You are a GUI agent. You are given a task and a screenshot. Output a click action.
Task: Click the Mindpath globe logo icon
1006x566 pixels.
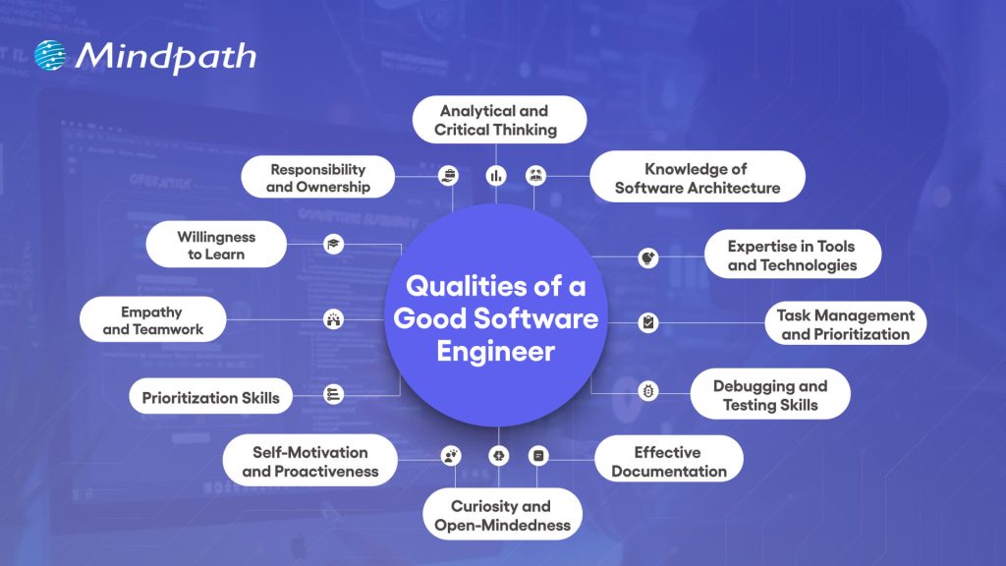pos(51,55)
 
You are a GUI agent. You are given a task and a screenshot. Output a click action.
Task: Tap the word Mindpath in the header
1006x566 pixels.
pos(165,56)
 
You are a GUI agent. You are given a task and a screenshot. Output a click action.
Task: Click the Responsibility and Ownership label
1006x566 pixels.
pos(318,178)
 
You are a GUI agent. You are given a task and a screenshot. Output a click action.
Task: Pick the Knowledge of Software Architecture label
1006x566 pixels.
pos(698,178)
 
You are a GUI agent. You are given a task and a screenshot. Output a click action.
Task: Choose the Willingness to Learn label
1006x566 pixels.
pos(216,246)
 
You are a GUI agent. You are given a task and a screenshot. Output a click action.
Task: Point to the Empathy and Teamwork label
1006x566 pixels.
pos(153,320)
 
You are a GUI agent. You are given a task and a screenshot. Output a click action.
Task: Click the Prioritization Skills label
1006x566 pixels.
pos(210,398)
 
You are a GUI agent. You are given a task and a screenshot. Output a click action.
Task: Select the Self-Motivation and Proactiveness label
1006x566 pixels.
pos(310,461)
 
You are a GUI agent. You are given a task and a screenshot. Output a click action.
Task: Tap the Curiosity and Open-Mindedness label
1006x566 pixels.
pos(502,516)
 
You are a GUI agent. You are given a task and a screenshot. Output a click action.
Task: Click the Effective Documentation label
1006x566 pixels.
pos(668,461)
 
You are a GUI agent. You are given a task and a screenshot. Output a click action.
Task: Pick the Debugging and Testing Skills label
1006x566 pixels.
pos(770,395)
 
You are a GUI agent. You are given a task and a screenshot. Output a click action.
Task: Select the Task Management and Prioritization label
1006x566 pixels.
pos(845,324)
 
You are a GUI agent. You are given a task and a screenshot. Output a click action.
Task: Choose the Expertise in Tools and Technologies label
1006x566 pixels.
pos(792,255)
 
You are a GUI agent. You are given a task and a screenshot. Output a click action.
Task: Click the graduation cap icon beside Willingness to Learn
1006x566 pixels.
pos(333,245)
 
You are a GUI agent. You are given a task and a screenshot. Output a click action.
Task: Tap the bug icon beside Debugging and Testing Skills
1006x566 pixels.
pos(648,391)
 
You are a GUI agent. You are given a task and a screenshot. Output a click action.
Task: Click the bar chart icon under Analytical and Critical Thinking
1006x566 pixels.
pos(495,176)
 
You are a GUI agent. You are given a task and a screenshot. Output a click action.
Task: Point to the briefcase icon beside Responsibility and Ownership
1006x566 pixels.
pos(448,176)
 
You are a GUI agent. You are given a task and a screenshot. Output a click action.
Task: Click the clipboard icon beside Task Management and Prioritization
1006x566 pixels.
pos(648,321)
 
